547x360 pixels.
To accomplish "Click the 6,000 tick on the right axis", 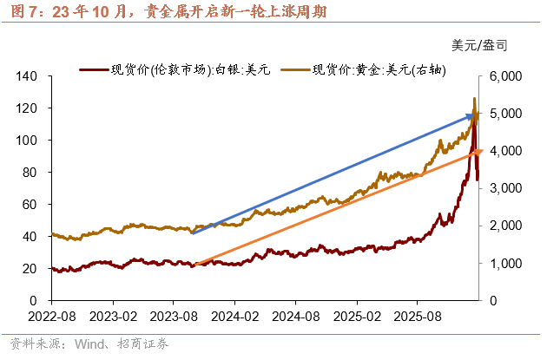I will point(504,76).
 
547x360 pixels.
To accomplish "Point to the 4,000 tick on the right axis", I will point(504,151).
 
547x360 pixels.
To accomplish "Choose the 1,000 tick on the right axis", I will point(504,263).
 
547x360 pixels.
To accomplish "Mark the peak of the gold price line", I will point(474,98).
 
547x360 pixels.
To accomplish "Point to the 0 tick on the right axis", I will point(492,300).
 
